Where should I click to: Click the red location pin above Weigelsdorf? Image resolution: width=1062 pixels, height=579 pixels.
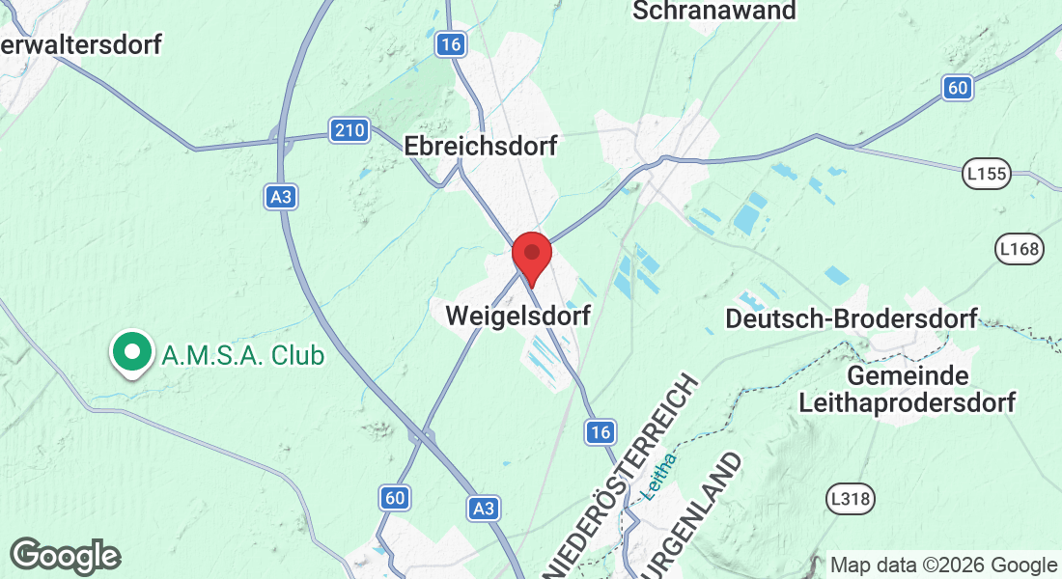click(531, 256)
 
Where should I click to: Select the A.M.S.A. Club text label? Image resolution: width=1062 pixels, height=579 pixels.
click(243, 355)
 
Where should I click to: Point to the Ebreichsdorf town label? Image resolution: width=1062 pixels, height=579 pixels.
click(481, 146)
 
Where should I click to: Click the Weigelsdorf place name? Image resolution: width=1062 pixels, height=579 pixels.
click(517, 315)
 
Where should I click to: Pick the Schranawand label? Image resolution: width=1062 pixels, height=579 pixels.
click(714, 11)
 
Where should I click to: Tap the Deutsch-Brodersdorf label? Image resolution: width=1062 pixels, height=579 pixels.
click(852, 317)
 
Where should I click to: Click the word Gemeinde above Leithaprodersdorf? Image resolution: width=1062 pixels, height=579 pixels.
click(908, 374)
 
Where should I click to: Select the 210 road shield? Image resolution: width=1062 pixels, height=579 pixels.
click(349, 130)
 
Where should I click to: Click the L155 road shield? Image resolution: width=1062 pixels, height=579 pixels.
click(986, 175)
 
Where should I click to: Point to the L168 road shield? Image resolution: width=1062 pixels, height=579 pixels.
click(1020, 251)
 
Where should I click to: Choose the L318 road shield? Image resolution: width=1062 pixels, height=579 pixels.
click(851, 499)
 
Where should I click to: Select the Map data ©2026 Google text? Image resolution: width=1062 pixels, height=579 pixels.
click(943, 565)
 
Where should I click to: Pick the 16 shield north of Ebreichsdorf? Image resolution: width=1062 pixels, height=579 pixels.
click(449, 43)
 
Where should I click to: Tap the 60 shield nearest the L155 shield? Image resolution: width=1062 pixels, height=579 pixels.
click(957, 88)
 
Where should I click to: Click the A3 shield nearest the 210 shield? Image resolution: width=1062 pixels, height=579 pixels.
click(280, 197)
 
